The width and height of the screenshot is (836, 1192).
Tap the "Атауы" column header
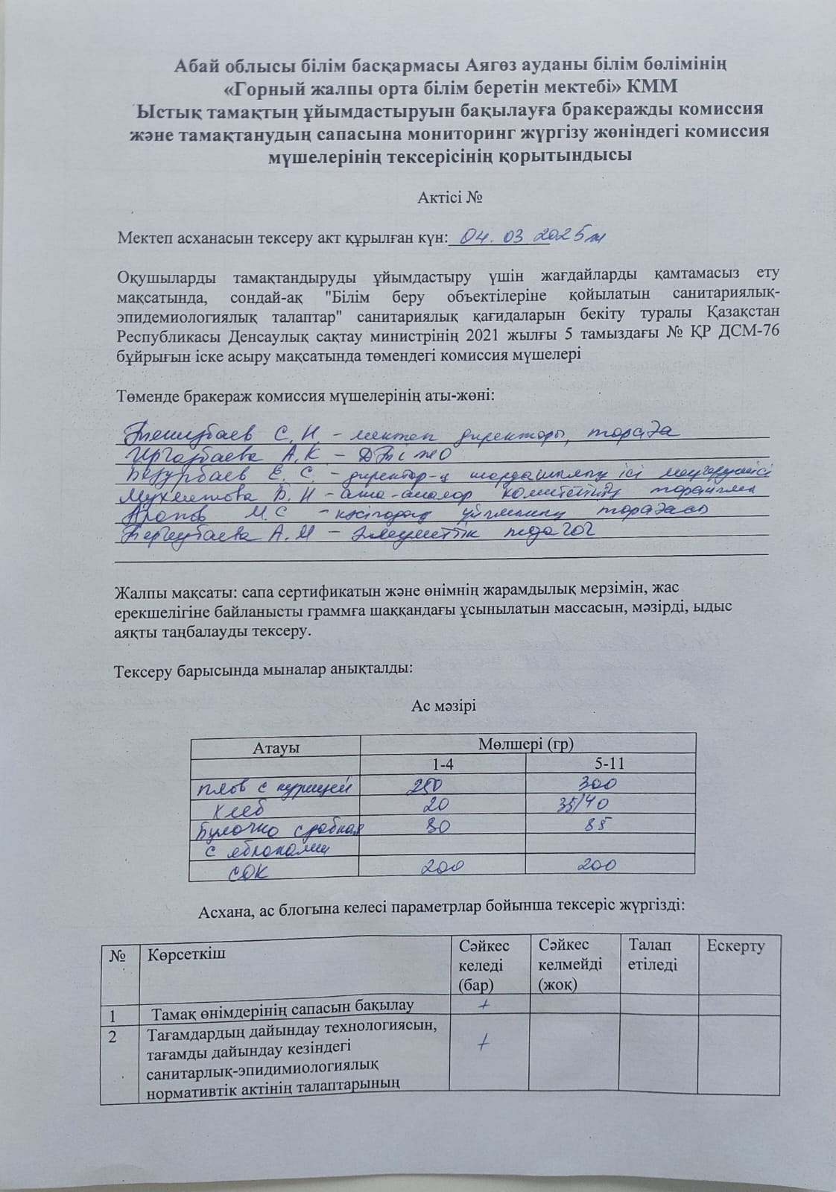coord(276,748)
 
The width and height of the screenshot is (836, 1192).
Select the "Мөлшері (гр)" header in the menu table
coord(526,744)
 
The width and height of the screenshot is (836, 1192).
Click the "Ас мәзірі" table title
coord(443,706)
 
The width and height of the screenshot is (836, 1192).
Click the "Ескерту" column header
coord(735,946)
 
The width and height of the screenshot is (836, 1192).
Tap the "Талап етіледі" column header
coord(653,955)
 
